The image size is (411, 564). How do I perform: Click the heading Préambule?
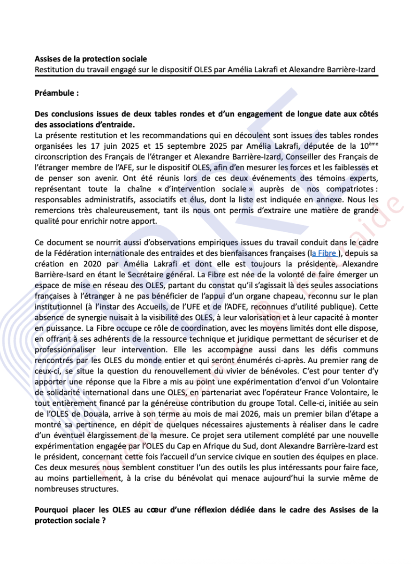(56, 93)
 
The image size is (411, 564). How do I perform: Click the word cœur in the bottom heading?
(164, 510)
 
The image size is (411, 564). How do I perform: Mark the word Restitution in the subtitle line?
(53, 69)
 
